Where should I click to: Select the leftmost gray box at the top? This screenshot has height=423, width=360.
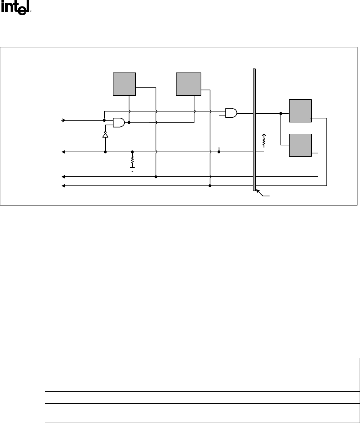click(124, 84)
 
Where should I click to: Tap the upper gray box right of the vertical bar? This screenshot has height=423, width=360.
click(300, 110)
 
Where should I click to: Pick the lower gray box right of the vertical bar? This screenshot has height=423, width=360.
click(300, 145)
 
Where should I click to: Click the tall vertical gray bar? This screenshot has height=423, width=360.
click(254, 129)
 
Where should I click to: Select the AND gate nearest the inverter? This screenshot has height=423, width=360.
click(119, 123)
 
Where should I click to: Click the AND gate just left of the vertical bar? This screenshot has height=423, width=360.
click(231, 113)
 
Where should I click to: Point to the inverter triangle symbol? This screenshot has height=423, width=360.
click(105, 135)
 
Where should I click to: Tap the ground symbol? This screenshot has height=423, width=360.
click(132, 169)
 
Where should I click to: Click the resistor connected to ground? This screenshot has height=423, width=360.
click(132, 160)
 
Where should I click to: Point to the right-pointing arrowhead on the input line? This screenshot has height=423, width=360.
click(64, 120)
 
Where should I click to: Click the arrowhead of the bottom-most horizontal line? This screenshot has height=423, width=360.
click(63, 186)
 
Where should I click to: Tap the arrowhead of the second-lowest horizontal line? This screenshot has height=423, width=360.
click(63, 177)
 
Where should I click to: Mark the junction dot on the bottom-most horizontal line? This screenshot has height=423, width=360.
click(210, 186)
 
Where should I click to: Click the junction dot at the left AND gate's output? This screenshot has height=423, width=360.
click(129, 123)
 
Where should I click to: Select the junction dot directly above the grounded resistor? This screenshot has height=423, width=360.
click(132, 152)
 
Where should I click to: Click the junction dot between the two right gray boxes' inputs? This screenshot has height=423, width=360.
click(280, 114)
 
